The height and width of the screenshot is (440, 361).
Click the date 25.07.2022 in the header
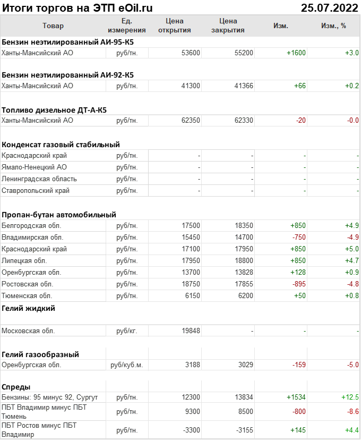pyautogui.click(x=329, y=7)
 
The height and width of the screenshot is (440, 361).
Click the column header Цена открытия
pyautogui.click(x=174, y=26)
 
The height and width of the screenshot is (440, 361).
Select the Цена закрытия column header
pyautogui.click(x=228, y=26)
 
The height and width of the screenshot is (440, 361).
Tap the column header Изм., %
pyautogui.click(x=333, y=26)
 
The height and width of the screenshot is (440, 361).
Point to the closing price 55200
pyautogui.click(x=244, y=53)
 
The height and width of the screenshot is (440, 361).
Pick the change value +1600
pyautogui.click(x=296, y=53)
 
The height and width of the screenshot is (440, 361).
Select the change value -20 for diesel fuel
pyautogui.click(x=300, y=121)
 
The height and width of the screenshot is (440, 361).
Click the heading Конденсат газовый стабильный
pyautogui.click(x=61, y=145)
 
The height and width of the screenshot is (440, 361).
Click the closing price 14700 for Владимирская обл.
pyautogui.click(x=244, y=237)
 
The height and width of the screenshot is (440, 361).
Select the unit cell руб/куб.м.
pyautogui.click(x=127, y=365)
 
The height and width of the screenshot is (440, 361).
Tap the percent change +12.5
pyautogui.click(x=350, y=397)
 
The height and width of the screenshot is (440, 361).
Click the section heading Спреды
pyautogui.click(x=16, y=387)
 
